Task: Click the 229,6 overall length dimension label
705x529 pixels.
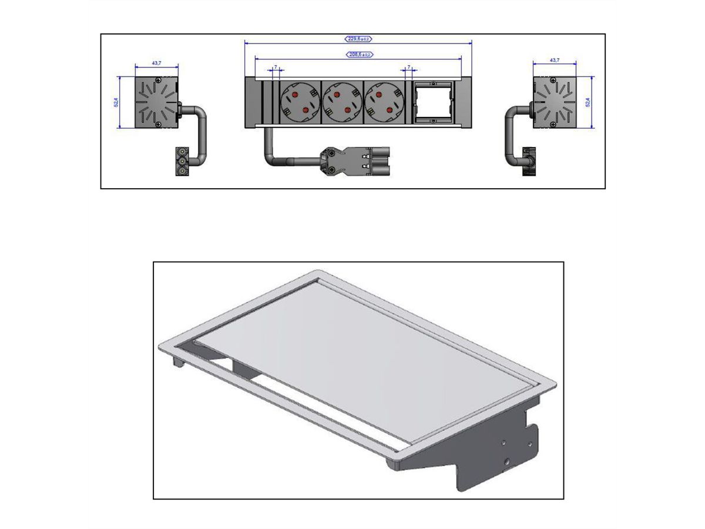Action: coord(358,39)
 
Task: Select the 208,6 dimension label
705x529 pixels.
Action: coord(358,55)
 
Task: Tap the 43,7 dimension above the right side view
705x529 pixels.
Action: coord(554,60)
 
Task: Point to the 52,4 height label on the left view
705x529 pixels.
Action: coord(116,102)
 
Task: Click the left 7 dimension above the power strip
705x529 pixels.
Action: coord(275,67)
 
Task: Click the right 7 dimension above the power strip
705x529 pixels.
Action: coord(408,67)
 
